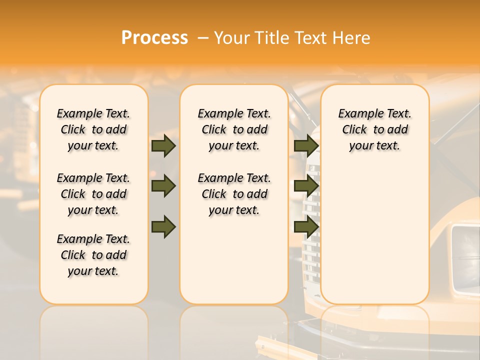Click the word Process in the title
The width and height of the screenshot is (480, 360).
(x=154, y=38)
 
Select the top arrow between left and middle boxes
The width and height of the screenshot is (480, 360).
(x=163, y=145)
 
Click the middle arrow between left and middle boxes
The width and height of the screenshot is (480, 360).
(x=163, y=186)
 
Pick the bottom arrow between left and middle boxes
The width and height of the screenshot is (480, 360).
(x=163, y=227)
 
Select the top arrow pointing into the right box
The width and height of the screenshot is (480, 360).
(x=306, y=145)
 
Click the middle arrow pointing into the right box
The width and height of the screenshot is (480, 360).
(x=306, y=186)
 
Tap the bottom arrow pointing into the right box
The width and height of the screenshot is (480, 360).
(x=306, y=227)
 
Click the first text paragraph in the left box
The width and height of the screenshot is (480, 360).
(x=93, y=129)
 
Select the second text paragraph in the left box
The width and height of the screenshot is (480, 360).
(x=93, y=194)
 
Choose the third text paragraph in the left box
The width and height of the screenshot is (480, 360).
(x=93, y=255)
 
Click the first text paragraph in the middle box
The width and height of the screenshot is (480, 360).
(x=234, y=129)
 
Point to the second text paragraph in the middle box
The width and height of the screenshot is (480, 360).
(x=234, y=194)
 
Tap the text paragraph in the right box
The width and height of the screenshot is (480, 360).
(x=374, y=129)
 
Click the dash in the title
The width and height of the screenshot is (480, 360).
(x=203, y=38)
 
